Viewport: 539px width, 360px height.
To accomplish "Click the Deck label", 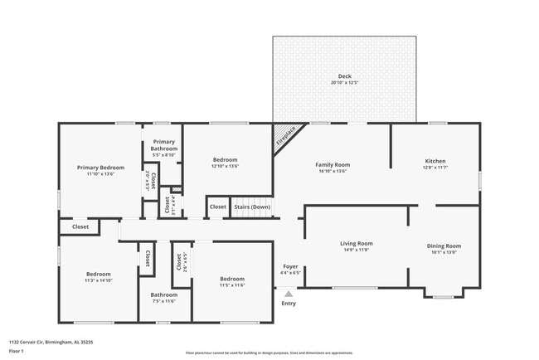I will pos(344,75).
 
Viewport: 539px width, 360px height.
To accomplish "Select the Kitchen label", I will pos(435,161).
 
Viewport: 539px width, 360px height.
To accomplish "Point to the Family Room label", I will pos(333,165).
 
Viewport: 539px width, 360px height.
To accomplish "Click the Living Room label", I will pos(357,244).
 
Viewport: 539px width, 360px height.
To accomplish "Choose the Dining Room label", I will pos(444,246).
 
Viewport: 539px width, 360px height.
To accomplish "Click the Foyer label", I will pos(290,266).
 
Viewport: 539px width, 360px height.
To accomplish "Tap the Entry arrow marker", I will pos(289,293).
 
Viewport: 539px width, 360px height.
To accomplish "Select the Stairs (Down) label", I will pos(250,207).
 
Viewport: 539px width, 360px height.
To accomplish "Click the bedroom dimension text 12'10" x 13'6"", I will pos(225,167).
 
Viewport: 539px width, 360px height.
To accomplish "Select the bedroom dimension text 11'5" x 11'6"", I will pos(232,285).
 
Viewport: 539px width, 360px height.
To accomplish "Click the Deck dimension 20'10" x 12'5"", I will pos(344,83).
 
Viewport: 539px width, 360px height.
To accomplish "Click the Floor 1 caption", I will pos(17,351).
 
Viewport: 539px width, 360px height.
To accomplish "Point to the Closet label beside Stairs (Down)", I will pos(218,207).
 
